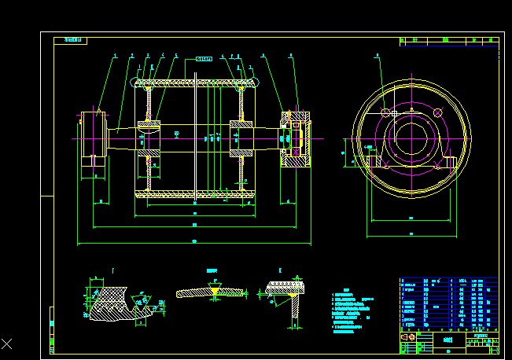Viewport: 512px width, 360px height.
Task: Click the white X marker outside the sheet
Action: pyautogui.click(x=7, y=343)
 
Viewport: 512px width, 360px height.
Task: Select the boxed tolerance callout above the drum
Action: pyautogui.click(x=204, y=59)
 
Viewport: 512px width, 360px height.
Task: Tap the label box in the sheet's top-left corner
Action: pyautogui.click(x=70, y=40)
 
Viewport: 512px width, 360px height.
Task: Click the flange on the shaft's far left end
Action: pyautogui.click(x=94, y=138)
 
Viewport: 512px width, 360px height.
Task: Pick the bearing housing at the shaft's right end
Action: pyautogui.click(x=297, y=139)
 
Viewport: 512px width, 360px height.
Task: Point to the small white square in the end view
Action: pyautogui.click(x=394, y=113)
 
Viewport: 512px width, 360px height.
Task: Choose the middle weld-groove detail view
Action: pyautogui.click(x=211, y=292)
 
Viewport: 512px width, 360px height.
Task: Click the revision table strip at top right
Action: pyautogui.click(x=448, y=39)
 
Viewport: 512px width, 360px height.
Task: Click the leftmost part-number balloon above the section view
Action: pyautogui.click(x=115, y=56)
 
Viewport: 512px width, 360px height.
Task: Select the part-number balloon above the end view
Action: pyautogui.click(x=377, y=56)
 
